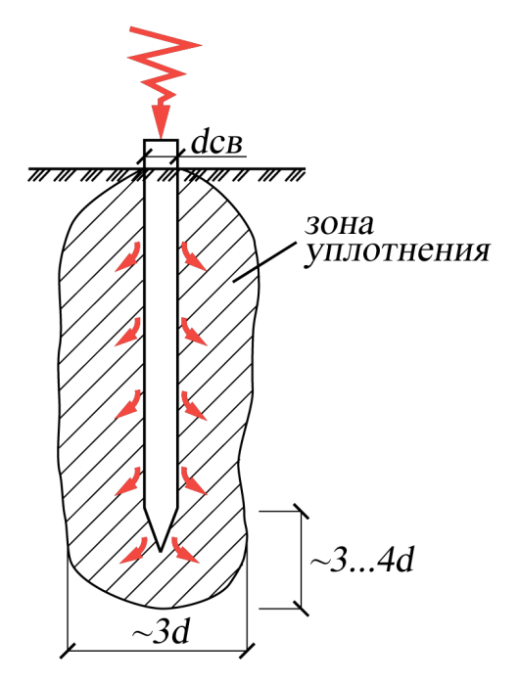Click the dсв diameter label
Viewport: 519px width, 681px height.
click(216, 144)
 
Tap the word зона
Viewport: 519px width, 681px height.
click(340, 225)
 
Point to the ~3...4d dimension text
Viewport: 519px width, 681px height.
click(361, 562)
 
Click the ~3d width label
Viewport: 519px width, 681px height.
click(162, 634)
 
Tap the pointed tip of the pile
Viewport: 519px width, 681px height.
click(161, 552)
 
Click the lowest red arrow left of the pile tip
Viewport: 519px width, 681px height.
click(134, 552)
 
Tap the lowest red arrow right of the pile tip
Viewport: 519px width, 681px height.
click(185, 551)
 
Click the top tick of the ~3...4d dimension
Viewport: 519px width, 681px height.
click(302, 512)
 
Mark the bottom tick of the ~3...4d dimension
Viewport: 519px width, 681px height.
click(302, 608)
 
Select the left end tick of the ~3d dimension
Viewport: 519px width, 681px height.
click(68, 651)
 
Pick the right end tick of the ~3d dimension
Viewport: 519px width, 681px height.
click(248, 651)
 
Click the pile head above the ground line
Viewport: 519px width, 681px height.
click(161, 154)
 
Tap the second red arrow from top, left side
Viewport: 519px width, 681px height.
click(128, 333)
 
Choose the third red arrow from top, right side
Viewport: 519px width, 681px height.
click(194, 406)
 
